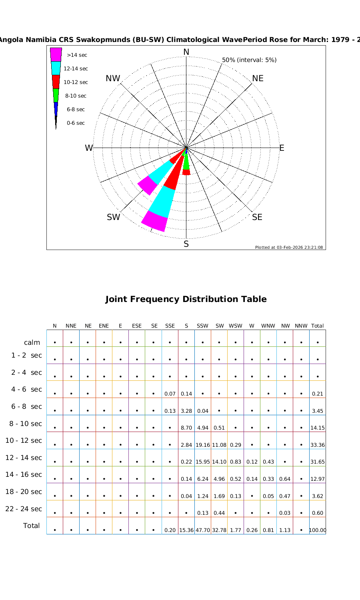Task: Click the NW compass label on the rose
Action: click(113, 78)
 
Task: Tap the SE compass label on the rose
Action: click(257, 217)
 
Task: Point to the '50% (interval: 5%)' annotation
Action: click(249, 60)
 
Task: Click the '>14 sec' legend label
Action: click(77, 55)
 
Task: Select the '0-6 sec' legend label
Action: click(76, 123)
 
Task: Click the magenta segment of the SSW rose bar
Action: click(154, 221)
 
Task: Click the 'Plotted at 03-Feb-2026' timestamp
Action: click(289, 247)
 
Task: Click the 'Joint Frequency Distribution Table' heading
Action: click(186, 299)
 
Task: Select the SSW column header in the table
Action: click(202, 326)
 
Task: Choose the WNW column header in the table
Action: click(268, 326)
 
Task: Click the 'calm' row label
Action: click(32, 342)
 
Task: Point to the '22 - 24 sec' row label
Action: click(24, 509)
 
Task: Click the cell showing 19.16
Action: click(203, 445)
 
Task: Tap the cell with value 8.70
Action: click(186, 428)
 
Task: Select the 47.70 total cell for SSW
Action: click(203, 530)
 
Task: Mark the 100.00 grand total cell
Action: click(318, 530)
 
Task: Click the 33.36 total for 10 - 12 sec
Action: click(318, 445)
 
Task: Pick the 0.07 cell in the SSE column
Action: click(170, 394)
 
